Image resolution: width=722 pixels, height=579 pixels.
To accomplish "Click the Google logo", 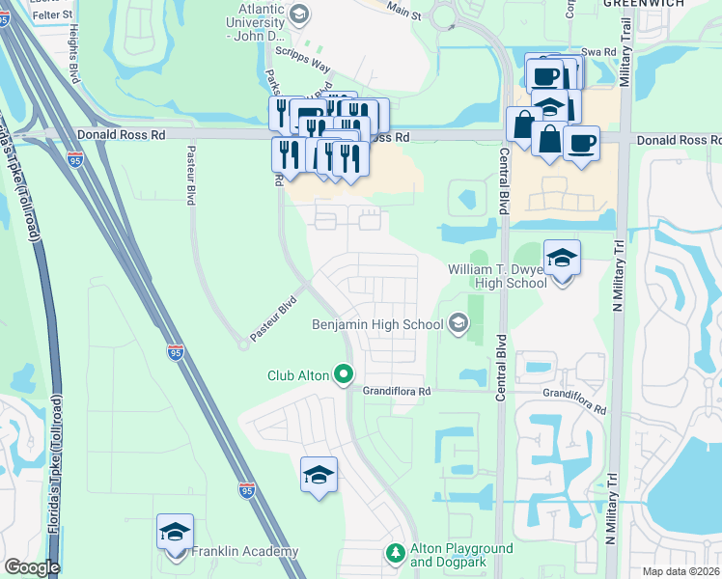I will tap(31, 567).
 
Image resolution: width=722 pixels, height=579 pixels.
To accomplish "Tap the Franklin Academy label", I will tap(244, 551).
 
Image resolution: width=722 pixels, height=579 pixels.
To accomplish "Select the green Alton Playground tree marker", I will tap(394, 553).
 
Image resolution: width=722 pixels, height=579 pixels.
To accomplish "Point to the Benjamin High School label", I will tap(376, 325).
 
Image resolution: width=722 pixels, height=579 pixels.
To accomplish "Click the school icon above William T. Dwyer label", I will tap(562, 258).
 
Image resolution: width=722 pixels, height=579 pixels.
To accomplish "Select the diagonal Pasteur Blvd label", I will tap(273, 319).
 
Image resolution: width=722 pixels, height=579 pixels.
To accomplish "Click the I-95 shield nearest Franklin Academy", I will tap(247, 490).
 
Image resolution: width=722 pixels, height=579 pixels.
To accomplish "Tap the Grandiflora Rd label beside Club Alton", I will tap(396, 393).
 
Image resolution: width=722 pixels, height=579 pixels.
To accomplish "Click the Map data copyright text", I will tap(681, 571).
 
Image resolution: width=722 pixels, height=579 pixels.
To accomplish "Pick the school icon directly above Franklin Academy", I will tap(176, 532).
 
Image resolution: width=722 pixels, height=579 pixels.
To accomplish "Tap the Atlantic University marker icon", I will tap(299, 13).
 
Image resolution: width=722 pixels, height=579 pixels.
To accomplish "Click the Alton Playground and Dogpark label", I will tap(461, 554).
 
